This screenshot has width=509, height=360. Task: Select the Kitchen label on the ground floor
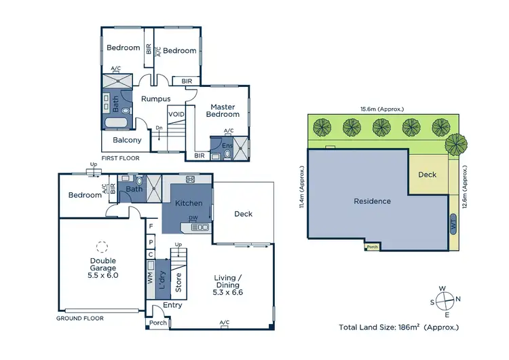pos(188,203)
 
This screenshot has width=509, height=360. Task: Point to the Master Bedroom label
pos(222,110)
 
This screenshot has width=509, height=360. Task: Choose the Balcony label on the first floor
pos(127,141)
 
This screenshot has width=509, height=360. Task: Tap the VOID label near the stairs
pos(176,115)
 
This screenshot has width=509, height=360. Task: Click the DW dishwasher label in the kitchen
pos(193,219)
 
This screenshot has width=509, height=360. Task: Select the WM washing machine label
pos(150,278)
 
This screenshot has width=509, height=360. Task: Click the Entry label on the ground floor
pos(172,306)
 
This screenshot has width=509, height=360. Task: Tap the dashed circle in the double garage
pos(102,247)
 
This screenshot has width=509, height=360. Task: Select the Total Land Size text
pos(398,327)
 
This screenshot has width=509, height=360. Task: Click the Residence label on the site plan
pos(372,201)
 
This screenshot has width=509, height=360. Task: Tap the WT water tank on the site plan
pos(453,223)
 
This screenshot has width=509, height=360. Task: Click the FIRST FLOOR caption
pos(120,158)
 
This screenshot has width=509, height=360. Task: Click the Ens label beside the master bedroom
pos(227,145)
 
